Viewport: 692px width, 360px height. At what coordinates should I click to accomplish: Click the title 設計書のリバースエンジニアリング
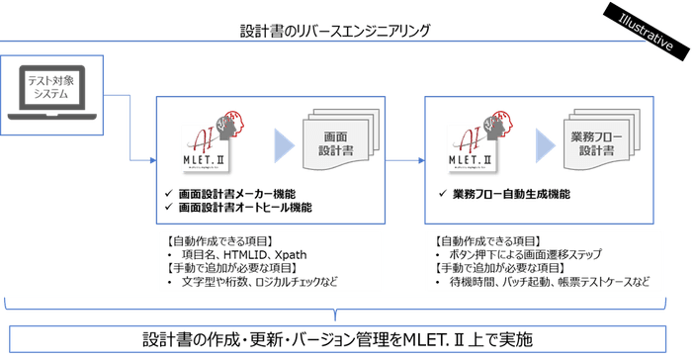coord(336,31)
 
